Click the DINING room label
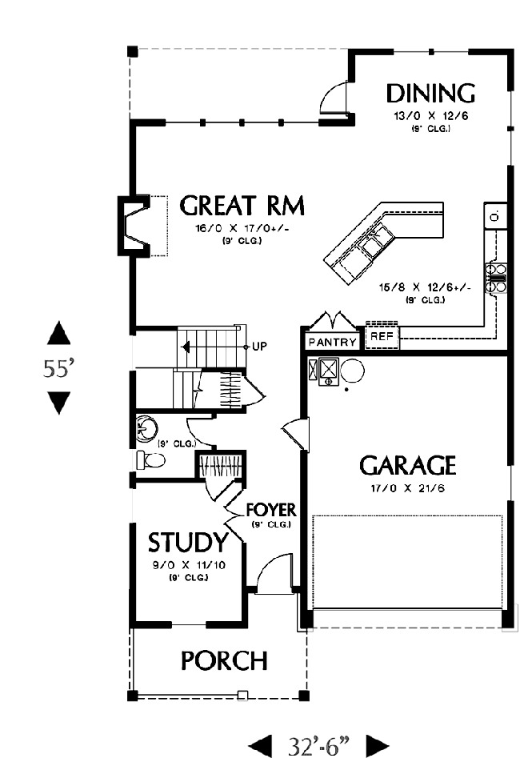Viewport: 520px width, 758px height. pos(430,94)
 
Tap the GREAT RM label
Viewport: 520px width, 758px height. pos(242,206)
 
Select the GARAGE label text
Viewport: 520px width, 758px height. pos(407,466)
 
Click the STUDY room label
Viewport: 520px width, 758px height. pos(187,543)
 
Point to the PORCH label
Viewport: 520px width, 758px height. pos(224,661)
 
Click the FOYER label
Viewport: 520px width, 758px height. pos(271,510)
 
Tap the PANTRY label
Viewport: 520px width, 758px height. pos(333,343)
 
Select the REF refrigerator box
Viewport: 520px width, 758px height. pos(382,335)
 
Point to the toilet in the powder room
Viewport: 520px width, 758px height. pos(150,459)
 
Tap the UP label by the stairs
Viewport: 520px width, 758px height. pos(259,347)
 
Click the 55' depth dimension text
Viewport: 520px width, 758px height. pos(59,368)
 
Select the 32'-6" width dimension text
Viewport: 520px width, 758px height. pos(319,745)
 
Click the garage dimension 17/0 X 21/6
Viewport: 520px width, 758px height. pos(407,488)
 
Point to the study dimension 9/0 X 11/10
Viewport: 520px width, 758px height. pos(189,564)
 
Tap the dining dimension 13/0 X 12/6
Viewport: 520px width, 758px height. pos(430,116)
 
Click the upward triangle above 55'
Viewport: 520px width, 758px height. pos(59,333)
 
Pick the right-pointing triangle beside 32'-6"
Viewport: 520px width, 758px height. pos(378,746)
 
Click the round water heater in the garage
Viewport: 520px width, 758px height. pos(352,371)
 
